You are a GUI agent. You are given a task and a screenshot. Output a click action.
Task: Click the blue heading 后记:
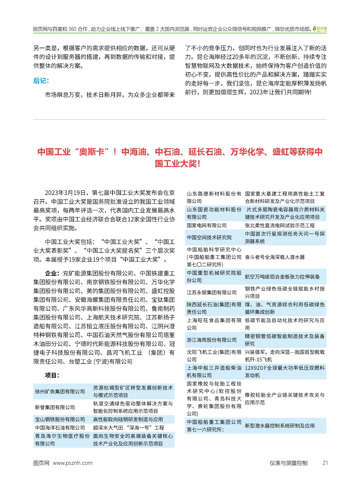click(x=41, y=81)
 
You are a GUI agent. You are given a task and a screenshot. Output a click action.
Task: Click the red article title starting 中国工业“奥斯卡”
click(x=180, y=157)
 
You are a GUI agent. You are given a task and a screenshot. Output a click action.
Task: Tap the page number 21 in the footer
click(x=325, y=463)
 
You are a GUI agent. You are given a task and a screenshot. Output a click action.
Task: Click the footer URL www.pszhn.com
click(x=72, y=463)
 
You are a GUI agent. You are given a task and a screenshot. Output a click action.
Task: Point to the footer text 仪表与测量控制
click(x=288, y=463)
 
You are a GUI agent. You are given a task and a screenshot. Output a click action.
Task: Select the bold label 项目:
click(x=52, y=375)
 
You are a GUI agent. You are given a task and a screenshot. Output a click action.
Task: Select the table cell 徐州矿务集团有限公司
click(x=60, y=391)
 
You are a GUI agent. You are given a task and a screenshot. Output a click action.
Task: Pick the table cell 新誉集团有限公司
click(x=55, y=407)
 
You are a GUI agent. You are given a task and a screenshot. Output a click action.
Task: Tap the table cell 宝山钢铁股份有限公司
click(x=60, y=419)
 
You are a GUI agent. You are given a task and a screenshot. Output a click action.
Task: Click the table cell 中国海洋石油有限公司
click(x=60, y=427)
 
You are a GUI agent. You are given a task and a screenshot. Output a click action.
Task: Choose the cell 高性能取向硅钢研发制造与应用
click(x=128, y=419)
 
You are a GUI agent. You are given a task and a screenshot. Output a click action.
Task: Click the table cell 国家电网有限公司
click(x=207, y=225)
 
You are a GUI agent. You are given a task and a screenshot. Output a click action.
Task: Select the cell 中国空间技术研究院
click(x=209, y=237)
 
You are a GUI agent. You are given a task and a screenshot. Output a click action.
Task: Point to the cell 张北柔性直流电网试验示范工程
click(x=280, y=225)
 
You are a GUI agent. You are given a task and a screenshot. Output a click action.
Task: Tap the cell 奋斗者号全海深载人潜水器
click(x=275, y=257)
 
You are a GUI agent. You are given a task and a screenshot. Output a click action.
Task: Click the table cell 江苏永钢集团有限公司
click(x=212, y=292)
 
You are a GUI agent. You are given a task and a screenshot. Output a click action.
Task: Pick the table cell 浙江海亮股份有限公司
click(x=212, y=340)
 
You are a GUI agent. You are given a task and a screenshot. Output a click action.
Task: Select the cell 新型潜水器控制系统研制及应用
click(x=280, y=426)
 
